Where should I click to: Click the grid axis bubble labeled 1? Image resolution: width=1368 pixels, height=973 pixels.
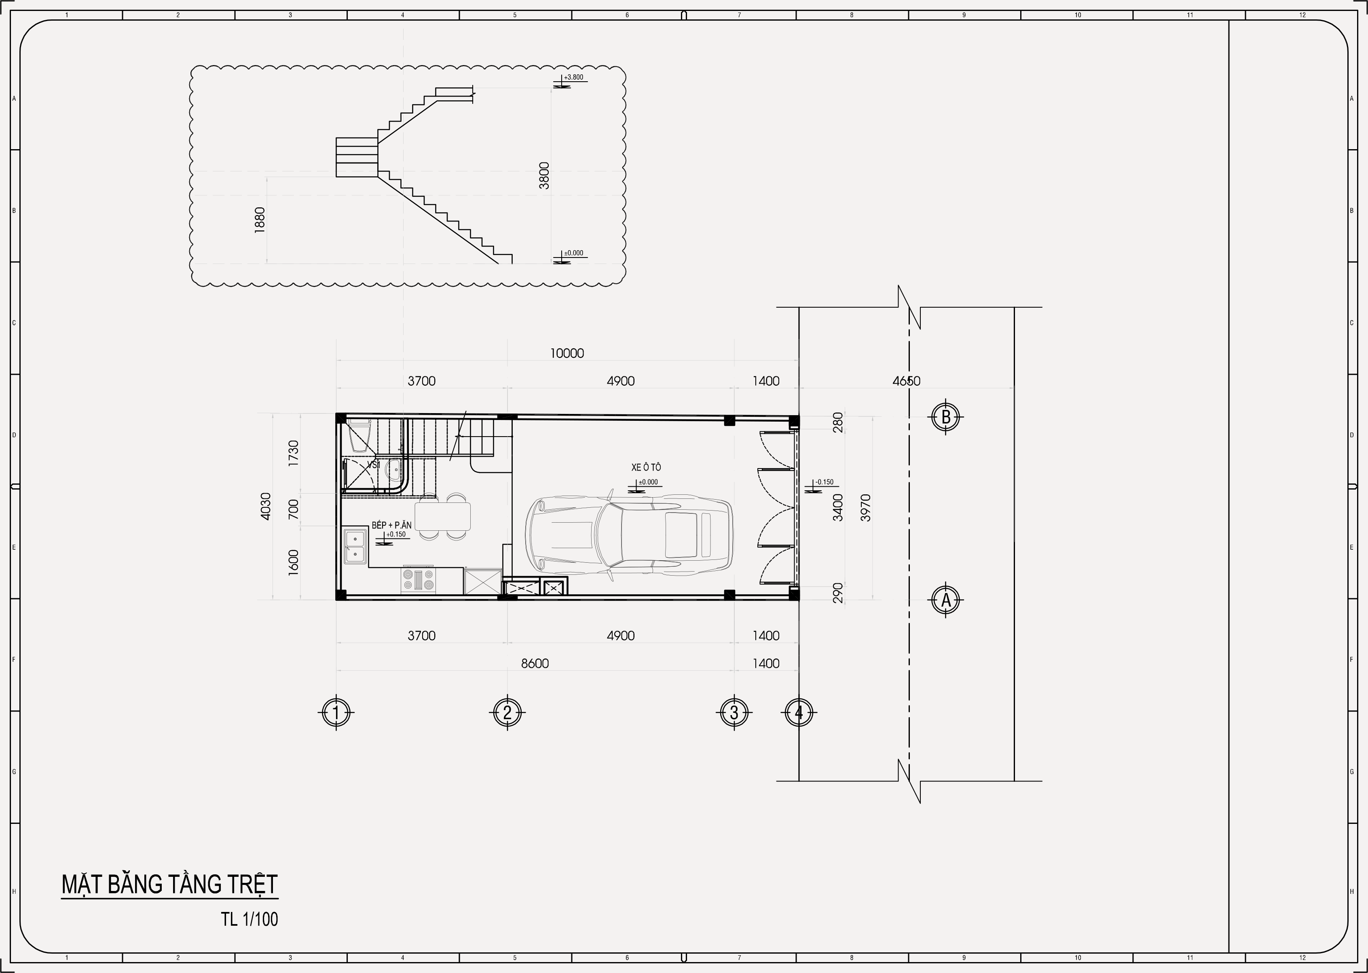336,712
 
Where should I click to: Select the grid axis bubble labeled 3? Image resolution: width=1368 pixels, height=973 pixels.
734,712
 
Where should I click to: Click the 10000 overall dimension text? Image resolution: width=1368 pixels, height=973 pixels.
567,353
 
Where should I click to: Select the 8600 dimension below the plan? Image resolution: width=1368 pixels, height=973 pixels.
535,663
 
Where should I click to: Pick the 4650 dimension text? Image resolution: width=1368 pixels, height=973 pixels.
906,381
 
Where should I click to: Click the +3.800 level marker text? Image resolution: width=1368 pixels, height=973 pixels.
573,77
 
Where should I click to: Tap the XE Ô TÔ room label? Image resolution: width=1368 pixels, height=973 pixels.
646,467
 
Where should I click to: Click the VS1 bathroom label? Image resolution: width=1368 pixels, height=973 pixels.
373,465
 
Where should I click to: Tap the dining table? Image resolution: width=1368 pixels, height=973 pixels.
442,516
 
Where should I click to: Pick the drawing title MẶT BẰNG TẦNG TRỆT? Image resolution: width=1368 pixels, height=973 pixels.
169,884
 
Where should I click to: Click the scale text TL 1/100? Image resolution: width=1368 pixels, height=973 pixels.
249,919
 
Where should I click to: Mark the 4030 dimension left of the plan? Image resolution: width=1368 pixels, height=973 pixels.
265,506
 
